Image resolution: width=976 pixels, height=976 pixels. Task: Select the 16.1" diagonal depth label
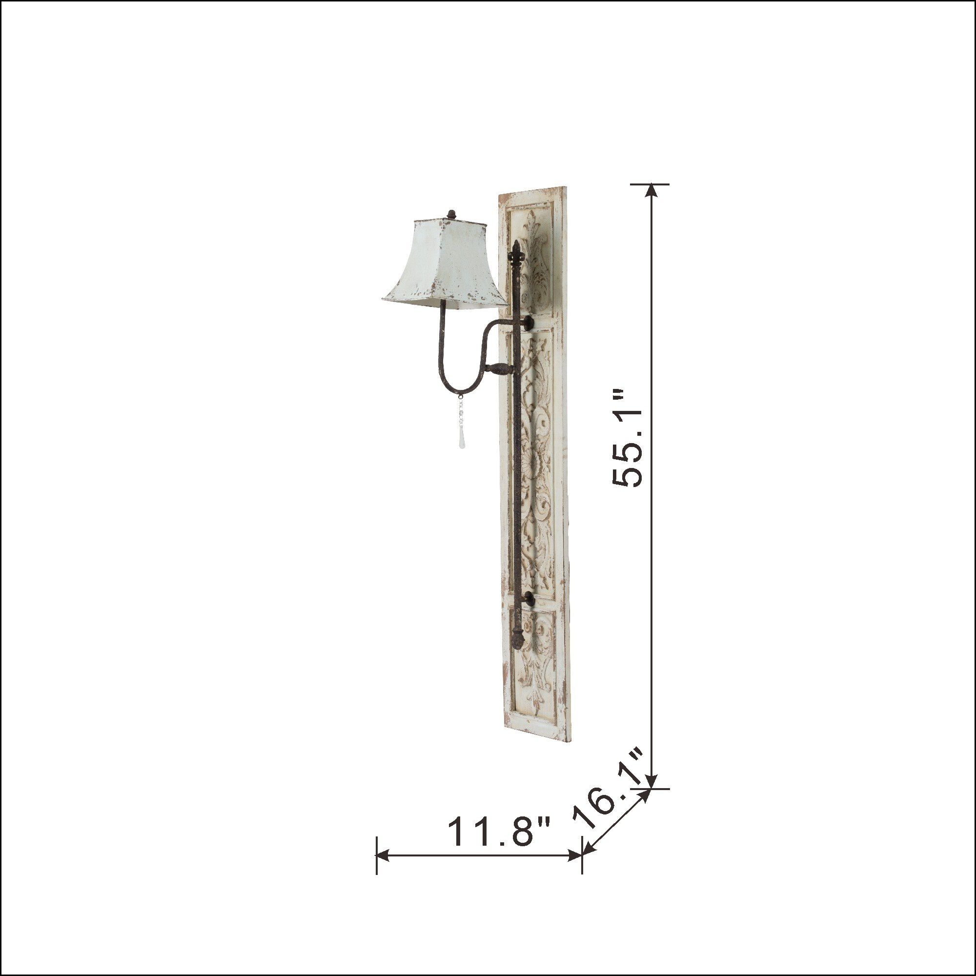coord(610,794)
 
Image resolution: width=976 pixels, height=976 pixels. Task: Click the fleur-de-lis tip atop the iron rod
coord(516,252)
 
